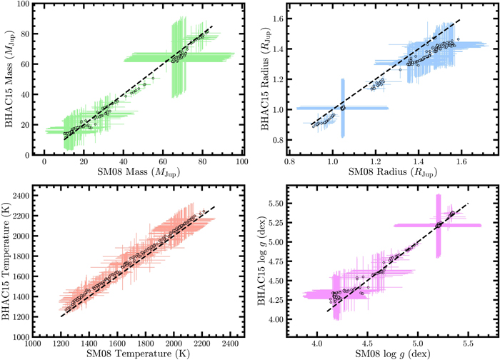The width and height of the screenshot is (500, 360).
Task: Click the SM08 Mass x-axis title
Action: [139, 172]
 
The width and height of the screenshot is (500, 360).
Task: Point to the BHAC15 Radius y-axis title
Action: [266, 79]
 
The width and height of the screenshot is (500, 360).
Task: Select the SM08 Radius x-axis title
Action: [393, 172]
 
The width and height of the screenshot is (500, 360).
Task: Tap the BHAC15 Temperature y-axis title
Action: [6, 261]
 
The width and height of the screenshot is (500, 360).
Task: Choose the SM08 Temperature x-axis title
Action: [138, 354]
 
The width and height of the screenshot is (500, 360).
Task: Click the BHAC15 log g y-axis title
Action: [262, 261]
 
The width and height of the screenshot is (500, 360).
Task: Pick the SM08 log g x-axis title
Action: [393, 354]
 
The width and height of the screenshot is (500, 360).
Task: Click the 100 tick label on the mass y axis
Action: [24, 4]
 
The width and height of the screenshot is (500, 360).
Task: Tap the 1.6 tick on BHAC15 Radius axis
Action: [278, 19]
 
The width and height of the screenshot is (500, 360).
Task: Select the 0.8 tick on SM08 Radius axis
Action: [290, 161]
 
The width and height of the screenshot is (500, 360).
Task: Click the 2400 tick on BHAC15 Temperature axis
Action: [21, 196]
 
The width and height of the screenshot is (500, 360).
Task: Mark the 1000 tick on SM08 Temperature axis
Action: [33, 344]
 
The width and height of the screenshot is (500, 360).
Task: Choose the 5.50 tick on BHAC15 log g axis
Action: [276, 204]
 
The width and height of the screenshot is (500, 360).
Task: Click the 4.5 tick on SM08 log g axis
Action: [367, 344]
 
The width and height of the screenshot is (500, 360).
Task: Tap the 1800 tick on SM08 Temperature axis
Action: [146, 344]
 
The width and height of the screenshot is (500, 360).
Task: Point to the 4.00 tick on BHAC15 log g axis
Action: [276, 319]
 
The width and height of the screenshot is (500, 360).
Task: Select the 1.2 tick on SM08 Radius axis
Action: [376, 161]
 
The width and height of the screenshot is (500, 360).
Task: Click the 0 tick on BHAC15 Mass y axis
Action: [27, 155]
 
